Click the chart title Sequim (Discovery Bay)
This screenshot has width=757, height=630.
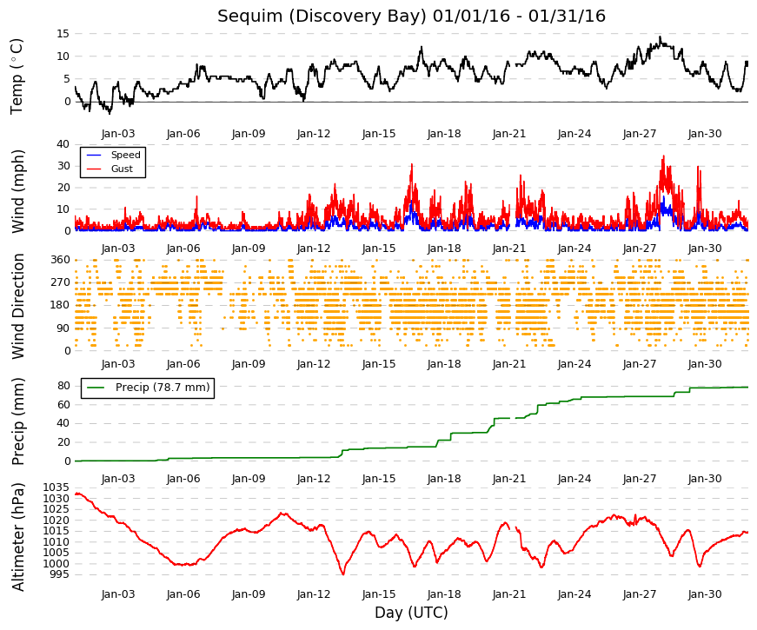coord(322,17)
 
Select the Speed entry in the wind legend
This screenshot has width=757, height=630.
coord(125,155)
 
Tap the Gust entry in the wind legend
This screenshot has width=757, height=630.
coord(122,169)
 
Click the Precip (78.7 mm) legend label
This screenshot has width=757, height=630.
coord(163,388)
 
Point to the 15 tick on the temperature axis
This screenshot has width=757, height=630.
coord(63,34)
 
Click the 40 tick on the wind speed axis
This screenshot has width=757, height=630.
coord(63,144)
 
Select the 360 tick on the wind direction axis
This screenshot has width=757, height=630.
coord(61,260)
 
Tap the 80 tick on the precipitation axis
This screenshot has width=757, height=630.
coord(63,386)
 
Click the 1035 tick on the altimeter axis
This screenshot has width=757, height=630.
coord(56,487)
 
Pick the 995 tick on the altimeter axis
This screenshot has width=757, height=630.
coord(59,574)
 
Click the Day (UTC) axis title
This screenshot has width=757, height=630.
coord(411,613)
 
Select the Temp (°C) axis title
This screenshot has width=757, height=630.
coord(17,76)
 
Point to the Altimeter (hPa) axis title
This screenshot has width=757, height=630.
coord(18,537)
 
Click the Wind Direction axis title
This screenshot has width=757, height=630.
coord(18,307)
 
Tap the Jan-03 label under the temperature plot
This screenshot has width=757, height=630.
coord(118,134)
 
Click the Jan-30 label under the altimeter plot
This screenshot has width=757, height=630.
coord(705,594)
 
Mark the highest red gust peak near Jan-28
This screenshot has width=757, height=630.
coord(663,156)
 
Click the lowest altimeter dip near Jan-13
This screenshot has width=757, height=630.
coord(343,574)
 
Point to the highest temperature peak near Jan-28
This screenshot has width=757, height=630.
coord(661,36)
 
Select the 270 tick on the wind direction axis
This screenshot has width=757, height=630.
coord(61,282)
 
